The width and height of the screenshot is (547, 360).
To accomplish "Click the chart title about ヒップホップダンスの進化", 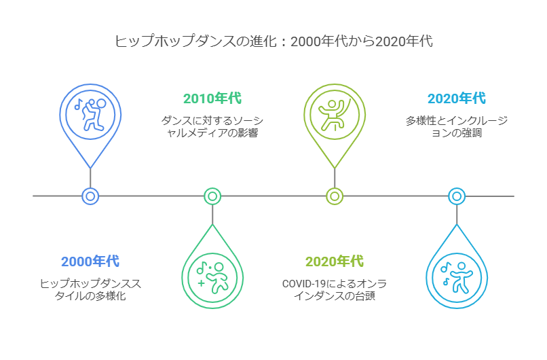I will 273,41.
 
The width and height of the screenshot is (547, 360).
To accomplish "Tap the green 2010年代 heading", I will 212,98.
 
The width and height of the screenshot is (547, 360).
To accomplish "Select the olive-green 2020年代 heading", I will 334,262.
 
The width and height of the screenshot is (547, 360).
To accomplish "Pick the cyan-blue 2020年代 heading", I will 456,98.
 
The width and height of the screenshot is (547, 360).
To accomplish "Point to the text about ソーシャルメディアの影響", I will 212,127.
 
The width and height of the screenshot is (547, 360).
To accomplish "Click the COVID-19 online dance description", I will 334,290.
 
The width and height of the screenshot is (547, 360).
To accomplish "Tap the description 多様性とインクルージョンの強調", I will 456,127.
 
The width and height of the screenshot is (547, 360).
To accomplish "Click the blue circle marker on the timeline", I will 90,196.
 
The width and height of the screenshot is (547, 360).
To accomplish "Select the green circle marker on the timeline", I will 212,196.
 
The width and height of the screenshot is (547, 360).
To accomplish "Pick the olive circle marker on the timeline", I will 335,196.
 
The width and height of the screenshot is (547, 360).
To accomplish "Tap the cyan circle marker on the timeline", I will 457,196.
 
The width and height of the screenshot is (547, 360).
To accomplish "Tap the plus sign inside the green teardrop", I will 201,282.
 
